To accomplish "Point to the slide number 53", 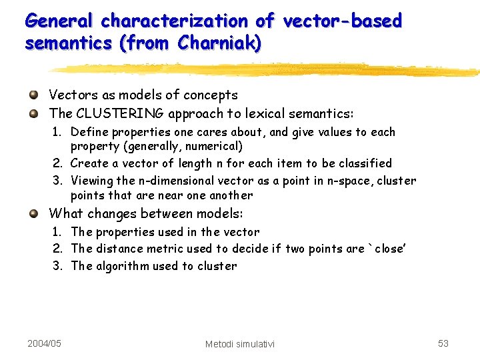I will (x=443, y=343).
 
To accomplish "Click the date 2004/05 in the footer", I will (x=45, y=343).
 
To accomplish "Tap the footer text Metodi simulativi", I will (x=240, y=344).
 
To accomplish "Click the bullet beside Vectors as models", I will (x=33, y=95).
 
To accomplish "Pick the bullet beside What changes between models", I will (x=33, y=213).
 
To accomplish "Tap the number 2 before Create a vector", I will (x=57, y=163).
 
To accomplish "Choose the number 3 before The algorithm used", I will (x=57, y=266).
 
